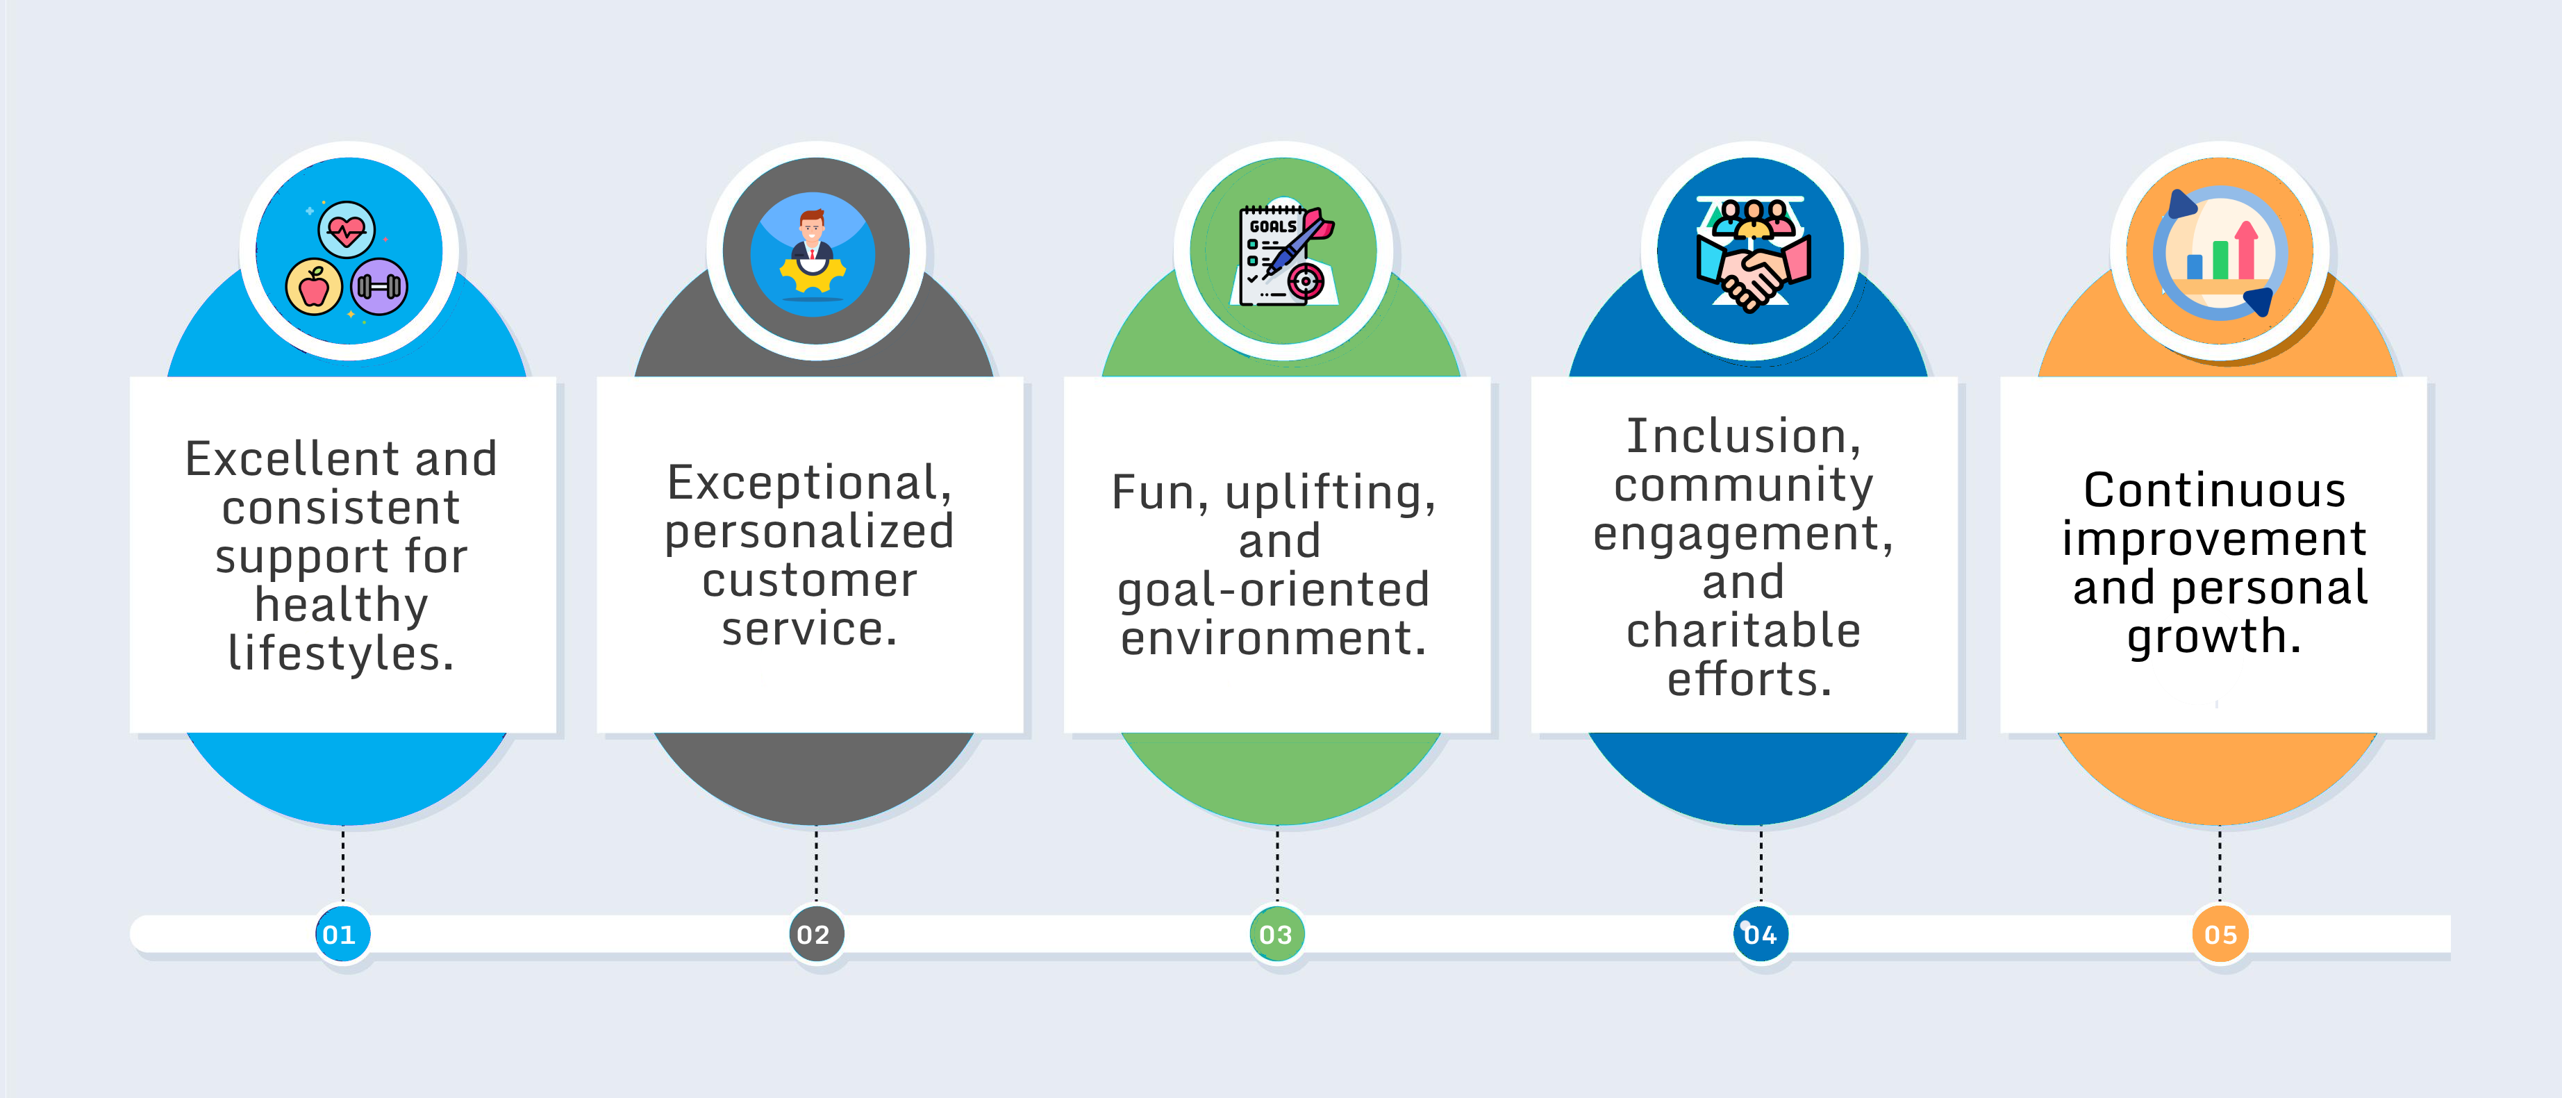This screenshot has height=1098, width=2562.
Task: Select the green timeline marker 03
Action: (1276, 934)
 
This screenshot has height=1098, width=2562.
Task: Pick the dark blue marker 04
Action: (1759, 934)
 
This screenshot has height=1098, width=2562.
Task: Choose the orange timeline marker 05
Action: (2220, 934)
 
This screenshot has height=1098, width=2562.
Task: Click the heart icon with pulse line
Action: (346, 231)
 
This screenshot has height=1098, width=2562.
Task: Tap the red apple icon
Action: (315, 288)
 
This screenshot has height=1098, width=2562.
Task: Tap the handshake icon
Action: (1752, 256)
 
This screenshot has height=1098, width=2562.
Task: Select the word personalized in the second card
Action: (810, 532)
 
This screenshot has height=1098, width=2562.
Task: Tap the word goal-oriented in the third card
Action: (1274, 590)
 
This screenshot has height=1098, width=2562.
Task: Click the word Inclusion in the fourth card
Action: (1736, 435)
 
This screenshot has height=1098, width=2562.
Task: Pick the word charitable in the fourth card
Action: (1743, 629)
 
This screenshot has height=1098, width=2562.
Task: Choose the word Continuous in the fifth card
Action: (2215, 490)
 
